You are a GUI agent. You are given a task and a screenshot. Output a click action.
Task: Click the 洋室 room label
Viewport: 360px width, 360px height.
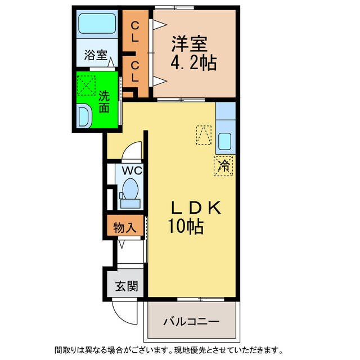pyautogui.click(x=189, y=43)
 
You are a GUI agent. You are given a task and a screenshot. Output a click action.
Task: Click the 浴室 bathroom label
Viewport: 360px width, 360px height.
pyautogui.click(x=96, y=55)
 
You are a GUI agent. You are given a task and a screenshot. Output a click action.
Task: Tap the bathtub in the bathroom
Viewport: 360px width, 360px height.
pyautogui.click(x=97, y=24)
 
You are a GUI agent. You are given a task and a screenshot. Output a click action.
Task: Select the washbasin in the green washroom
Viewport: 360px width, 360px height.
pyautogui.click(x=85, y=117)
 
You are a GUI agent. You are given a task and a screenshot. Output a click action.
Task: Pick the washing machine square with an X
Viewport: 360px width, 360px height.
pyautogui.click(x=87, y=85)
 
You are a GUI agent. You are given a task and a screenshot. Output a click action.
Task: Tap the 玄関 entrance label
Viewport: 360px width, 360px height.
pyautogui.click(x=123, y=286)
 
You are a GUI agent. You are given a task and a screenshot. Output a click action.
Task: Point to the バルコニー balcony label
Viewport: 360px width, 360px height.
pyautogui.click(x=191, y=322)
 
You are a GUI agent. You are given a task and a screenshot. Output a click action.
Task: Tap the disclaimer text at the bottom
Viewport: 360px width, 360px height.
pyautogui.click(x=180, y=350)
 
